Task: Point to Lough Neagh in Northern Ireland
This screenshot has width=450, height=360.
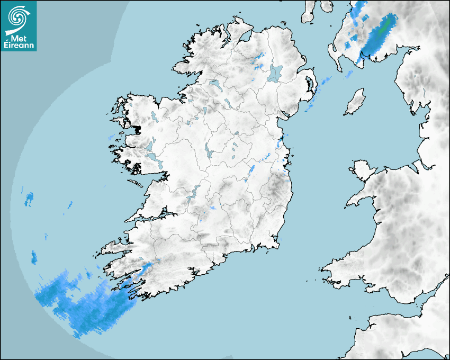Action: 275,73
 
